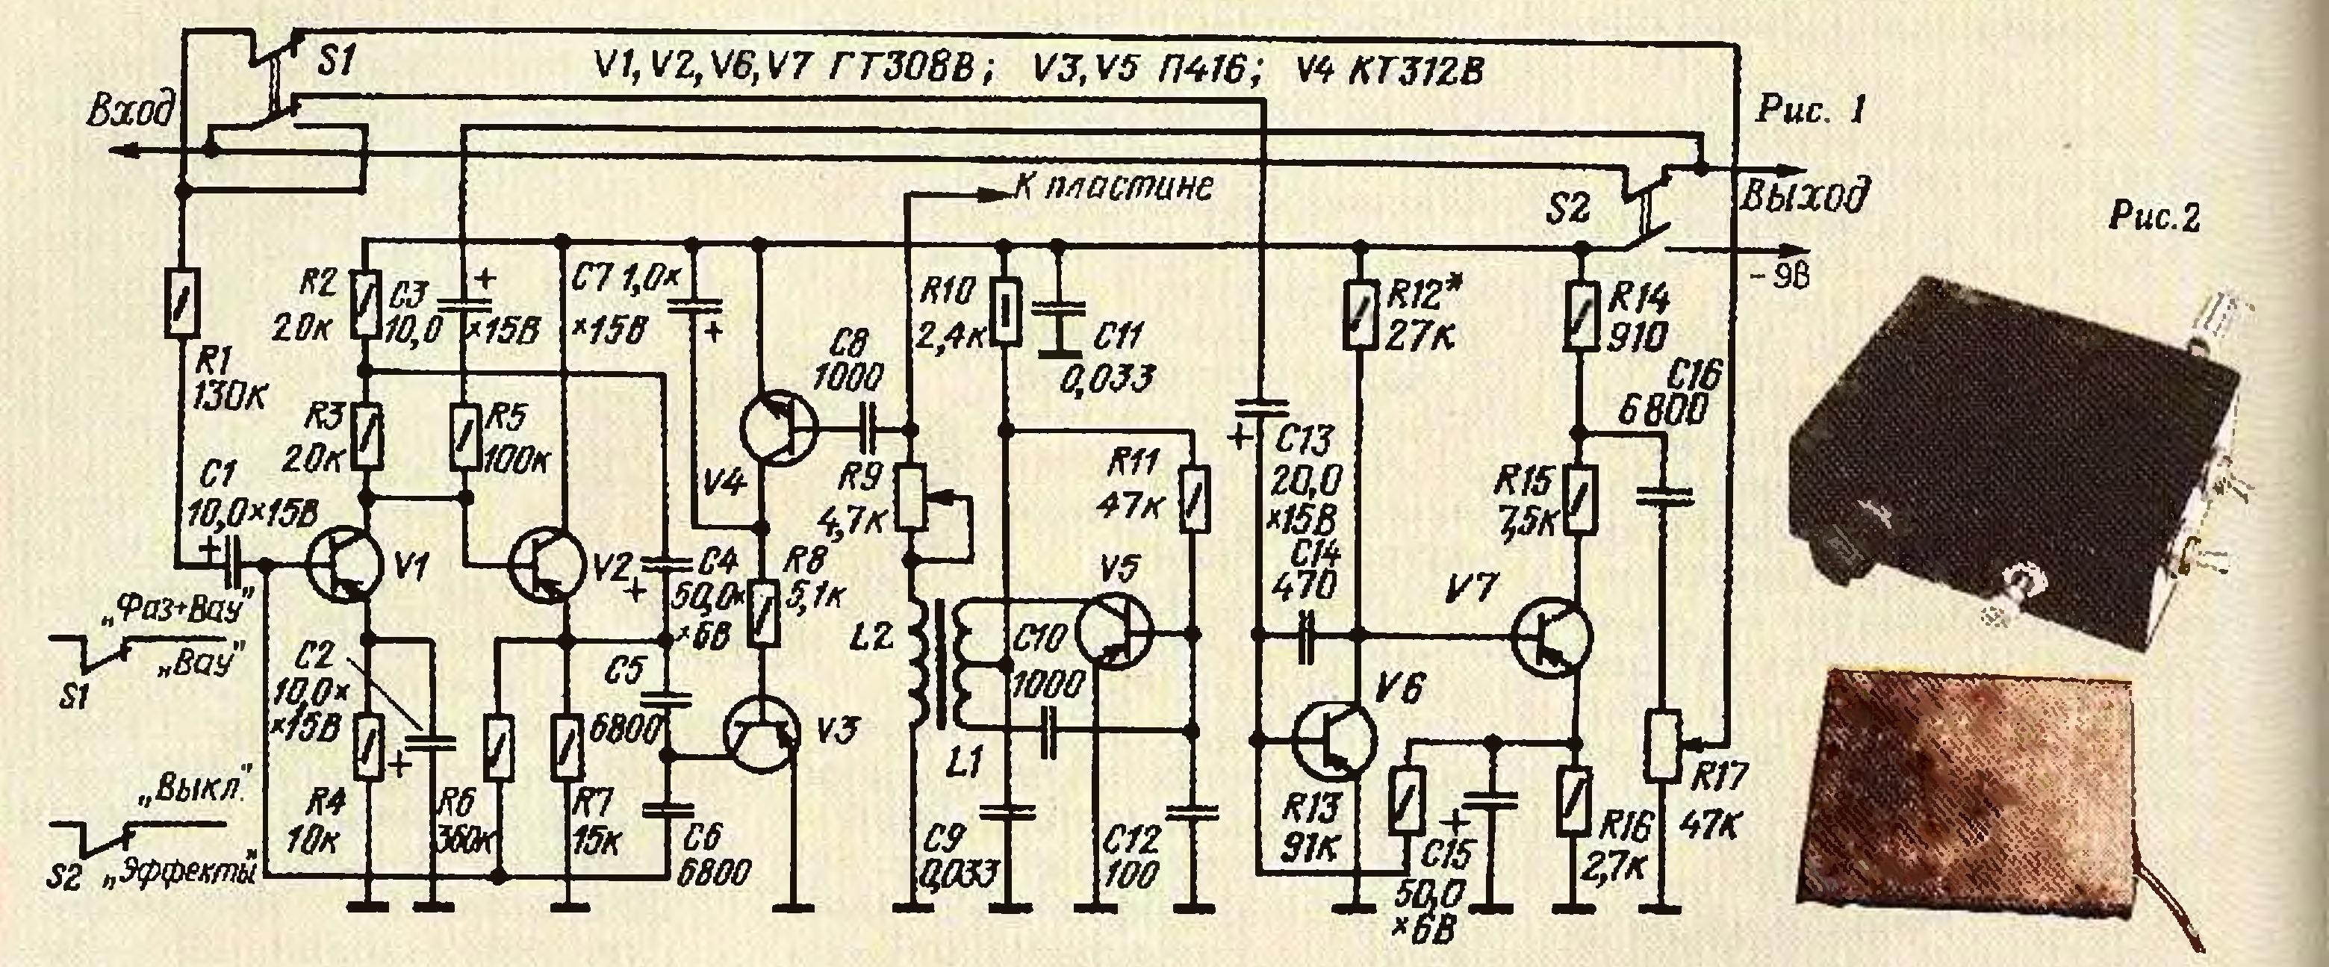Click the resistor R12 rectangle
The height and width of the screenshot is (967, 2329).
pos(1359,314)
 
